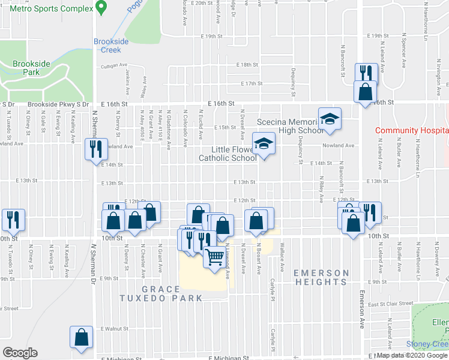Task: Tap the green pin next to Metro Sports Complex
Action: pyautogui.click(x=101, y=8)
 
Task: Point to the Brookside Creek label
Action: pyautogui.click(x=111, y=46)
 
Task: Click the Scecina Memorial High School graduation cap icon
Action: pyautogui.click(x=330, y=119)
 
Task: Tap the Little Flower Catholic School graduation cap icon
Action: pyautogui.click(x=263, y=144)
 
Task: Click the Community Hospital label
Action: pyautogui.click(x=412, y=130)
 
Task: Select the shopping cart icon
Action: pyautogui.click(x=214, y=257)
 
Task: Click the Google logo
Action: pyautogui.click(x=20, y=353)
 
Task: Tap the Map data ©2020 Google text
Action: pyautogui.click(x=412, y=355)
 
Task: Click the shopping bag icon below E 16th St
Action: pyautogui.click(x=365, y=92)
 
